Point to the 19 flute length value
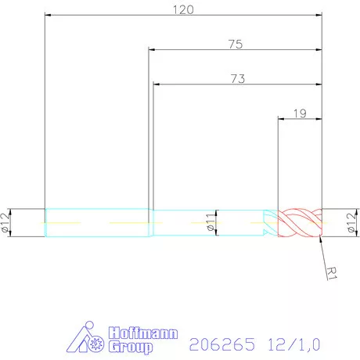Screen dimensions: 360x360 pos(300,113)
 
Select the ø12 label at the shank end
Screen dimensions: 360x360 pos(7,223)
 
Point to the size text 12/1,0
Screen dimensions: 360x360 pos(293,343)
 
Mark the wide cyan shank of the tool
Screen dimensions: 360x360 pos(97,223)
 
